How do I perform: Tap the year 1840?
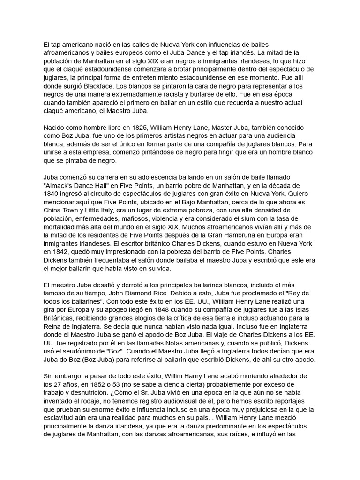[51, 194]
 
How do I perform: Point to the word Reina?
[54, 327]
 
